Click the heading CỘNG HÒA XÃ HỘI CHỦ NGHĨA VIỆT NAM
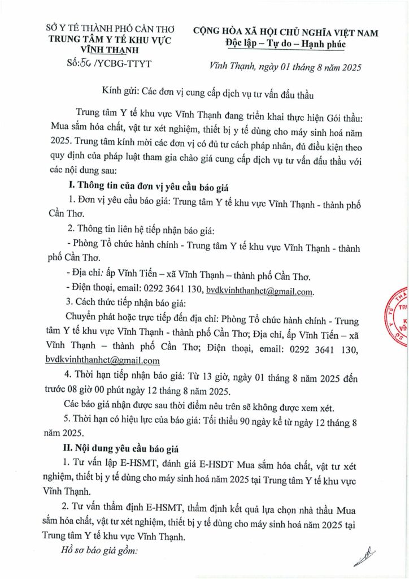[285, 33]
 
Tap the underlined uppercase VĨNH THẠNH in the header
[110, 51]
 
